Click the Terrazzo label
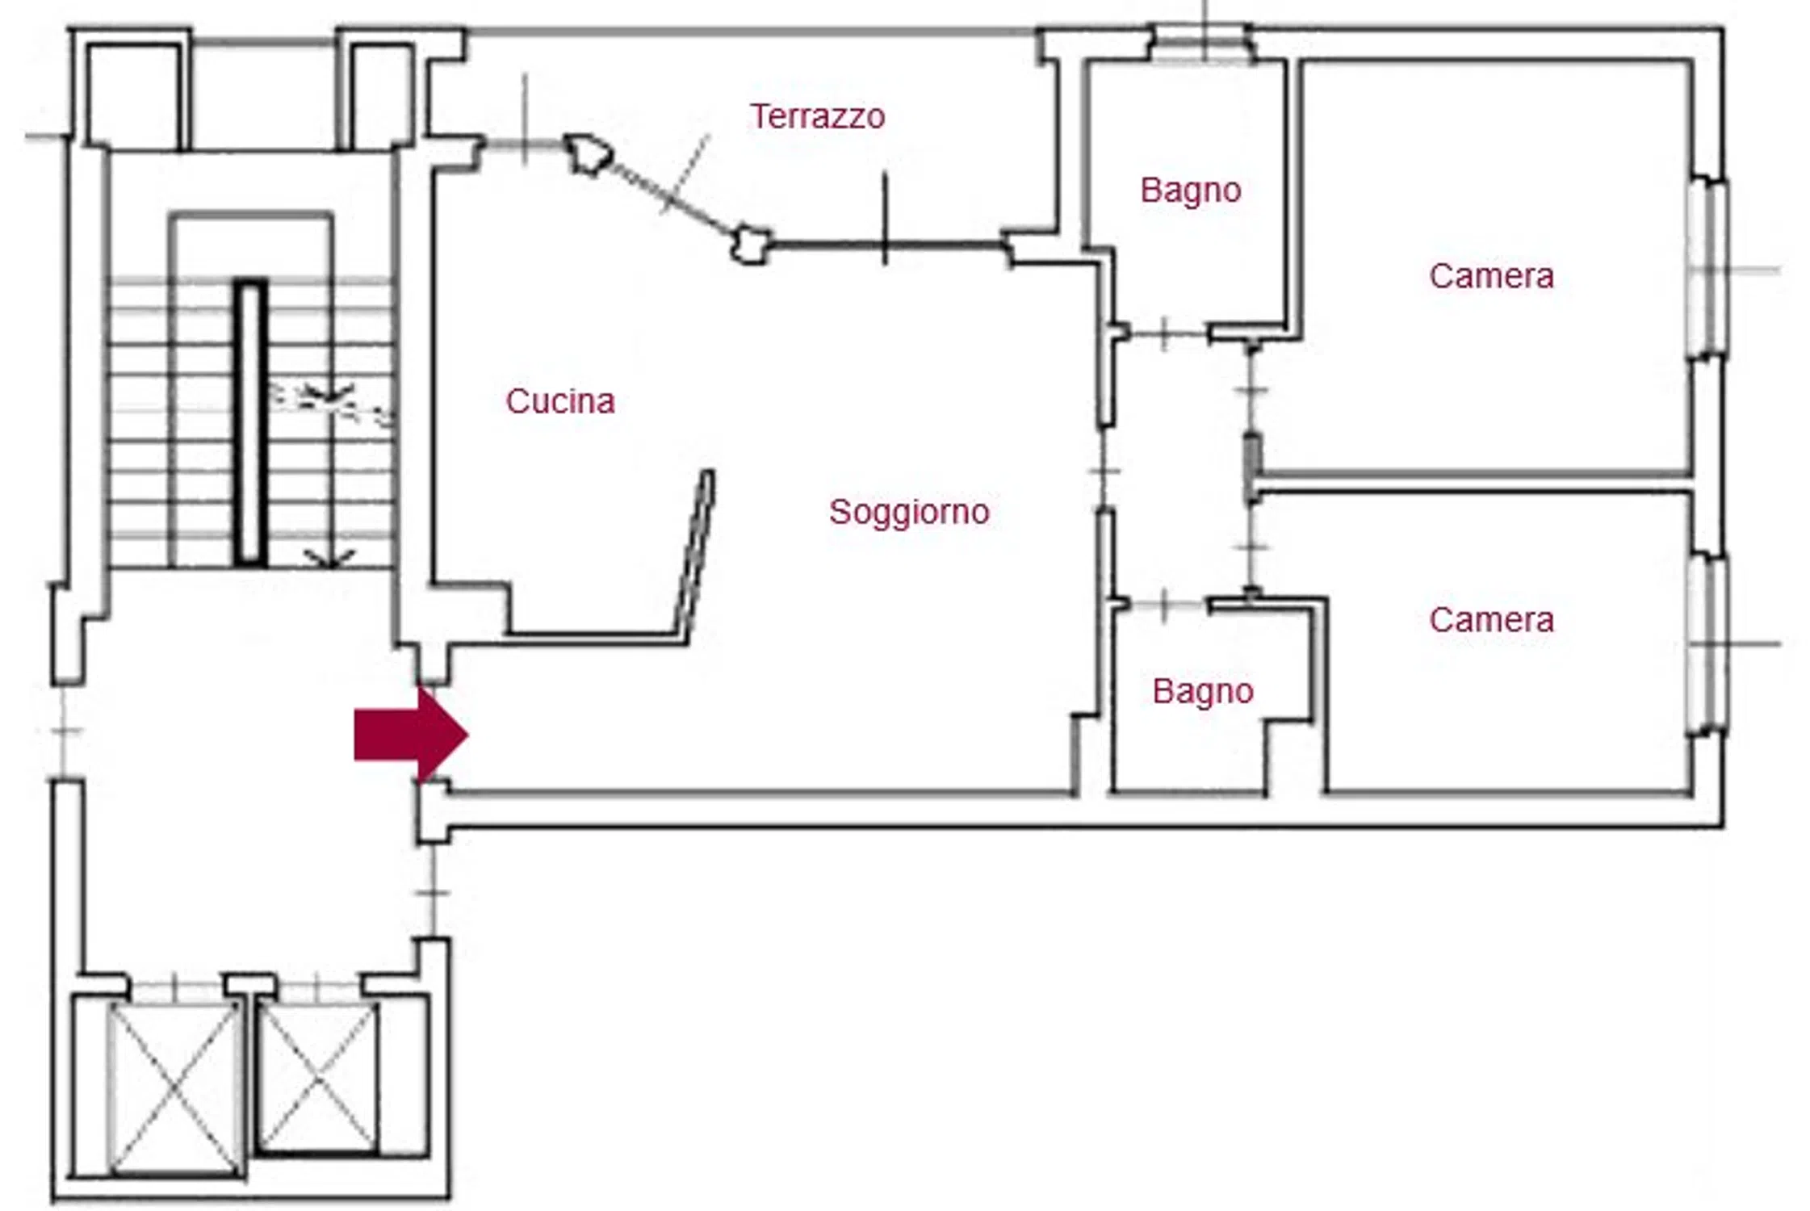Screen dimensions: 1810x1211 point(817,117)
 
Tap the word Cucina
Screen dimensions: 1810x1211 point(560,401)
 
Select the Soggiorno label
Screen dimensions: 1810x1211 point(909,513)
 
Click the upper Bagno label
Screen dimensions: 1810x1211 point(1191,191)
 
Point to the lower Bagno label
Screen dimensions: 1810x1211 point(1203,692)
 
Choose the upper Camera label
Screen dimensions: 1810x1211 point(1491,276)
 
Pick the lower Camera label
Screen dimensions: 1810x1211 point(1491,620)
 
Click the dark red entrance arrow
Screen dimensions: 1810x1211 point(411,735)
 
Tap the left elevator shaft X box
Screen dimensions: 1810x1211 point(174,1089)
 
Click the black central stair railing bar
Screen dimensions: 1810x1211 point(250,423)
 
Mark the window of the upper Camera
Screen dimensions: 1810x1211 point(1707,268)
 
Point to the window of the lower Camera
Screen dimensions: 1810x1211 point(1707,644)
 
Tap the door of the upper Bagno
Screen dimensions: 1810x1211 point(1163,333)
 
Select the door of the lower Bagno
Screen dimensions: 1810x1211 point(1163,604)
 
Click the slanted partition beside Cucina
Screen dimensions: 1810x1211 point(695,557)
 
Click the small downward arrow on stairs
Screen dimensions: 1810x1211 point(329,558)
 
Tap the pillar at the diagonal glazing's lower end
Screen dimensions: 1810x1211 point(751,245)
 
